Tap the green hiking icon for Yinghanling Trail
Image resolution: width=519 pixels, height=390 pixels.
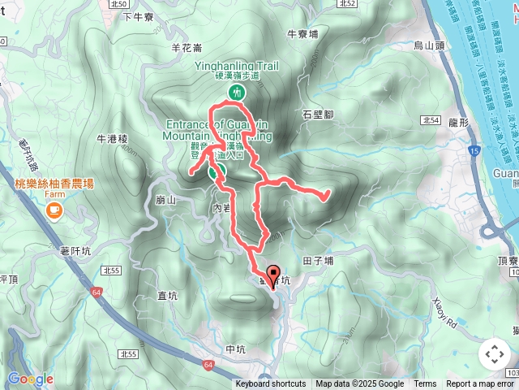coord(236,93)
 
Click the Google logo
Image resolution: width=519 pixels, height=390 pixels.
coord(30,379)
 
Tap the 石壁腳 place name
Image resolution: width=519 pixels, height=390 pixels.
coord(317,114)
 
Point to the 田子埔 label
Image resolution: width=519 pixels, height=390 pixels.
coord(318,262)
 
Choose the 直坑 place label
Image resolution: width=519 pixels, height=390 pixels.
coord(168,297)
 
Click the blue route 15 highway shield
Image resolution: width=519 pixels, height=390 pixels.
coord(473,151)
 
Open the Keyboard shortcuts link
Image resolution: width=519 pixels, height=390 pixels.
coord(271,384)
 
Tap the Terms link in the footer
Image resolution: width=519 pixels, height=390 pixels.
coord(425,384)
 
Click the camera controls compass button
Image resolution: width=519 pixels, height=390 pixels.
coord(494,354)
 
